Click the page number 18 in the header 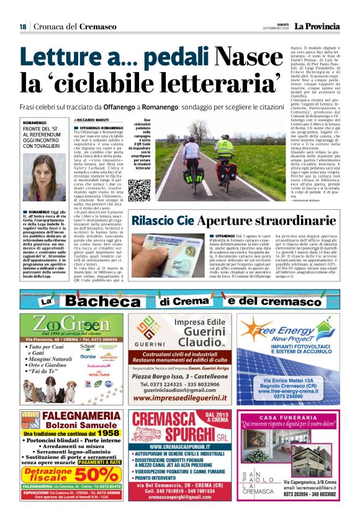pyautogui.click(x=22, y=27)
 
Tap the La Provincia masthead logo pyautogui.click(x=317, y=27)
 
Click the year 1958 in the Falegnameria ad pyautogui.click(x=108, y=433)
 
